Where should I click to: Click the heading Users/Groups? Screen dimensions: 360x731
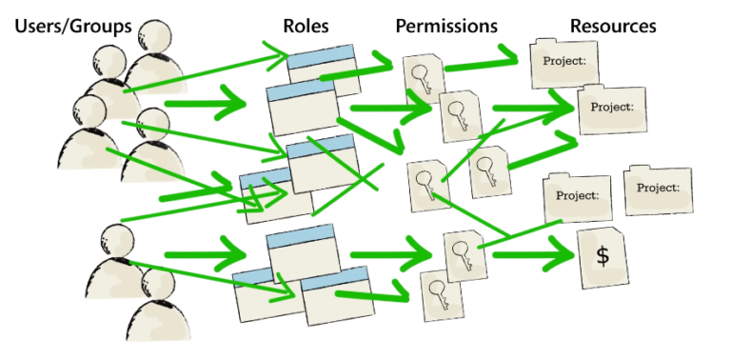point(72,26)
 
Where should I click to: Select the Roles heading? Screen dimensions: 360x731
point(306,26)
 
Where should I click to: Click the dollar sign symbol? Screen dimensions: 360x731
point(602,254)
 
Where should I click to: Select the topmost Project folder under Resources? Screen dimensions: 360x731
point(563,65)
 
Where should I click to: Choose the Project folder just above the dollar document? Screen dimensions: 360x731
point(576,198)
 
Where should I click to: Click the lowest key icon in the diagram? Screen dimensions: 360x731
point(437,294)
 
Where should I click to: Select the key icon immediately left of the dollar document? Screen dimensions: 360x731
point(463,255)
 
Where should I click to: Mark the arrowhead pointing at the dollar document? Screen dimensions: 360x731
point(562,255)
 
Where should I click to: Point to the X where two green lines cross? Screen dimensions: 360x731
point(362,177)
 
